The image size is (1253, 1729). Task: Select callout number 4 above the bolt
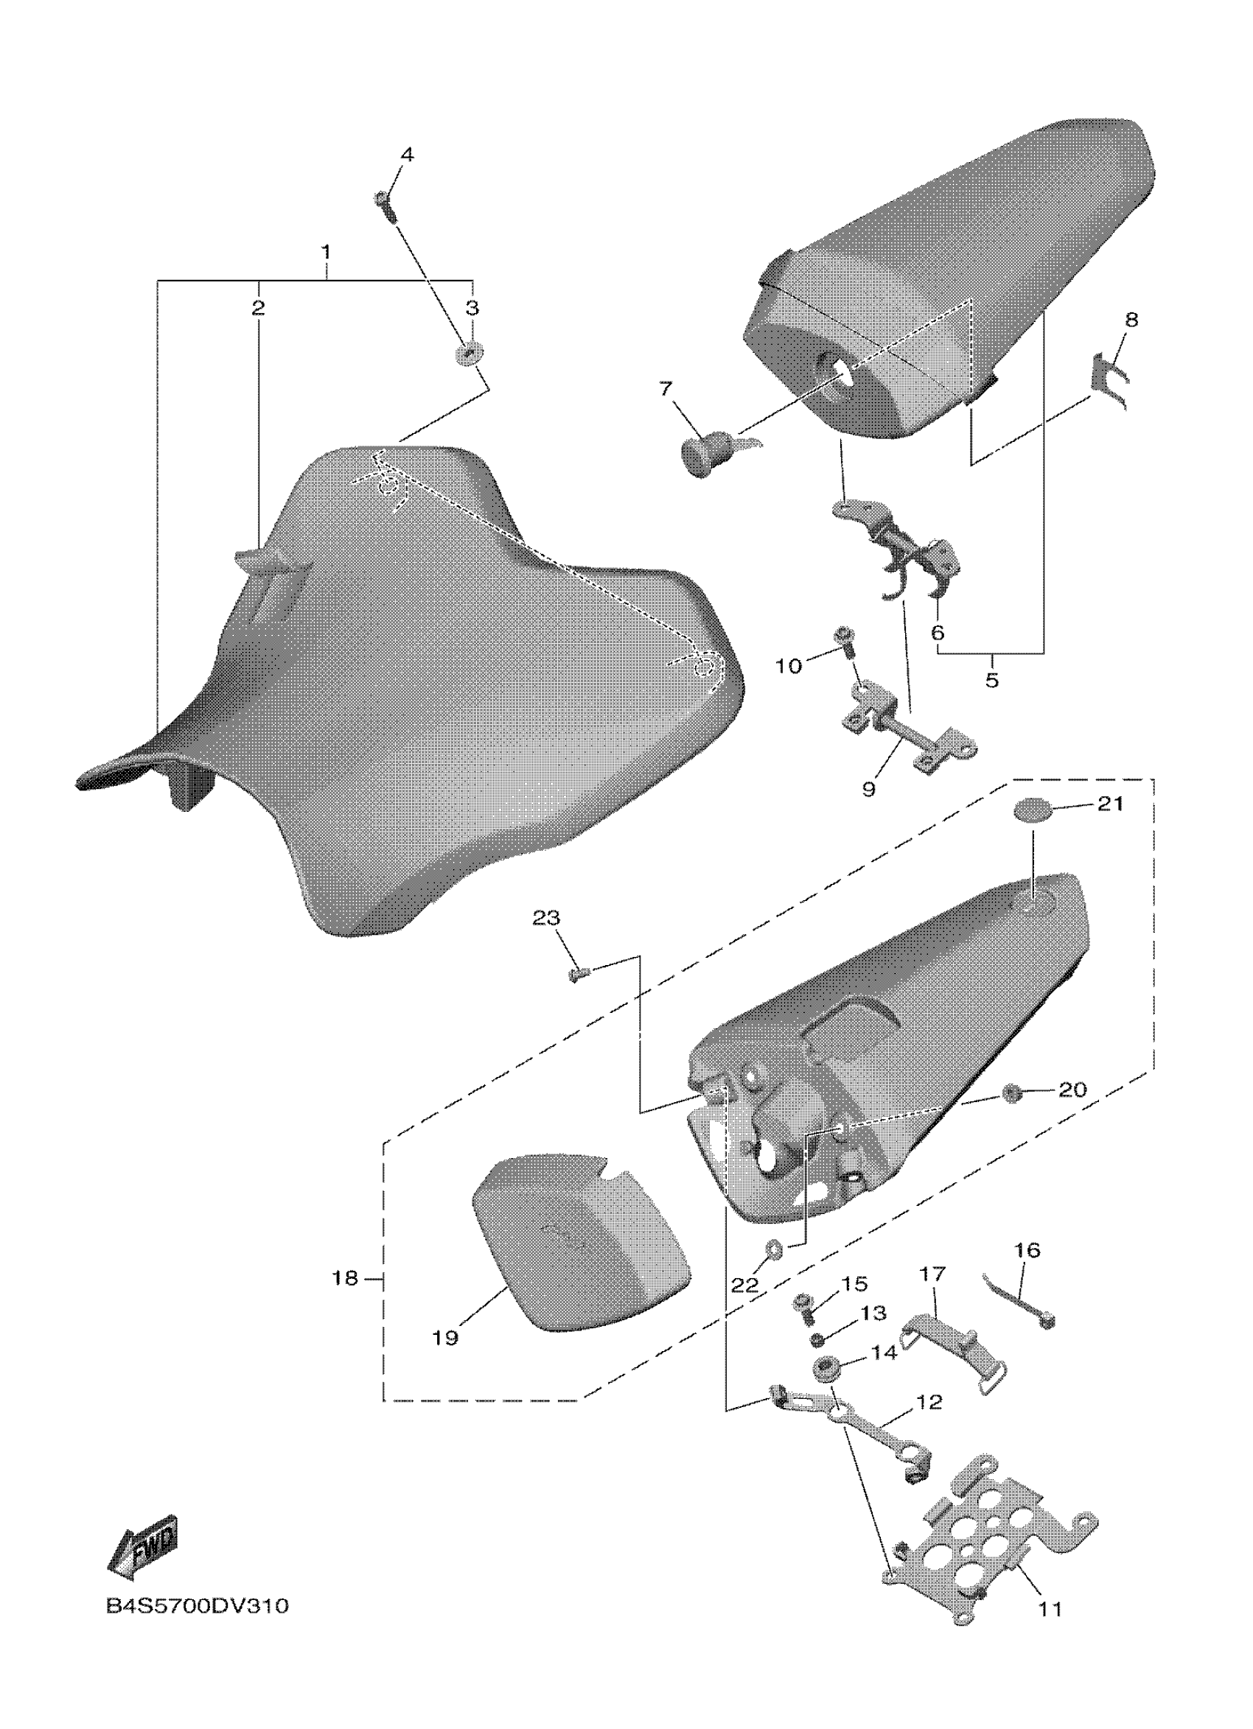coord(408,155)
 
